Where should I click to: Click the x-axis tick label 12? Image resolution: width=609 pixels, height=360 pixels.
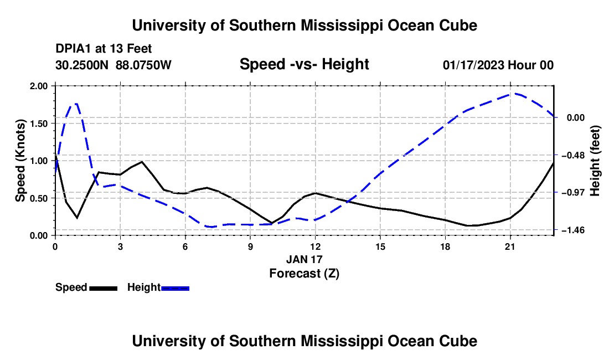coord(316,246)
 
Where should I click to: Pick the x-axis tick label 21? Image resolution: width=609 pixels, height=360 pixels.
coord(510,246)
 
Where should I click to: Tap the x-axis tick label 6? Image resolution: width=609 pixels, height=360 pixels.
coord(185,246)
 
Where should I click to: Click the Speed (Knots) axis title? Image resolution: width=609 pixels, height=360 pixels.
coord(20,161)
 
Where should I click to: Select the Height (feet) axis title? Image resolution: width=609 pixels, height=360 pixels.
coord(595,161)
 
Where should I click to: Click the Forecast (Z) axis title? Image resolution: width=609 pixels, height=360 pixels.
coord(304,274)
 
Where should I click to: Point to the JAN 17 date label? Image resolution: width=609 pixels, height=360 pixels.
coord(304,259)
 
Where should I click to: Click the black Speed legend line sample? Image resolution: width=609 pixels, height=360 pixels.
coord(104,288)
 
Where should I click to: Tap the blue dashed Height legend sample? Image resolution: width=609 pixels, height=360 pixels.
coord(175,288)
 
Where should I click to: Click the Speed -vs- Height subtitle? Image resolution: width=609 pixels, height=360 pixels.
coord(304,64)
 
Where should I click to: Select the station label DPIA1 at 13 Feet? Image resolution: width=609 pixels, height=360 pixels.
coord(104,49)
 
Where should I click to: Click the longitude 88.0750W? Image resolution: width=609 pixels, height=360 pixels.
coord(143,65)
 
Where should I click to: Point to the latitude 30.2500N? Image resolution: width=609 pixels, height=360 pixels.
coord(82,65)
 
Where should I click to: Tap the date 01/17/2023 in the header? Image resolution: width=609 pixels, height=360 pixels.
coord(473,65)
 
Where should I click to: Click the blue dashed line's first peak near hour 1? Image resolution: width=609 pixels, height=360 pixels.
coord(76,104)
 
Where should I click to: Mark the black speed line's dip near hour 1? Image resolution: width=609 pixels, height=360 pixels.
coord(77,218)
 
